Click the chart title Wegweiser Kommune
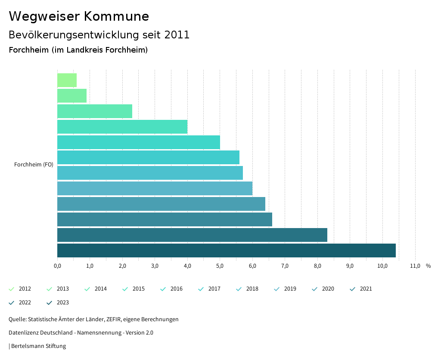click(x=79, y=16)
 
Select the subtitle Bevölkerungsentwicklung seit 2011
click(x=99, y=35)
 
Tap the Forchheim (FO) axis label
click(x=34, y=164)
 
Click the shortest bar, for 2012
click(x=67, y=80)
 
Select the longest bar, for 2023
click(x=226, y=250)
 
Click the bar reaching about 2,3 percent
click(x=95, y=111)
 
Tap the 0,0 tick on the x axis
click(x=57, y=266)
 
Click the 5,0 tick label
click(x=220, y=266)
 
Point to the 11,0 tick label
click(x=415, y=266)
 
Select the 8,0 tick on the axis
click(x=317, y=266)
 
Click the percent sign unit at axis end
click(x=428, y=266)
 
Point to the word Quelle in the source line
click(x=17, y=319)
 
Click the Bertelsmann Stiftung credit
click(x=38, y=346)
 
